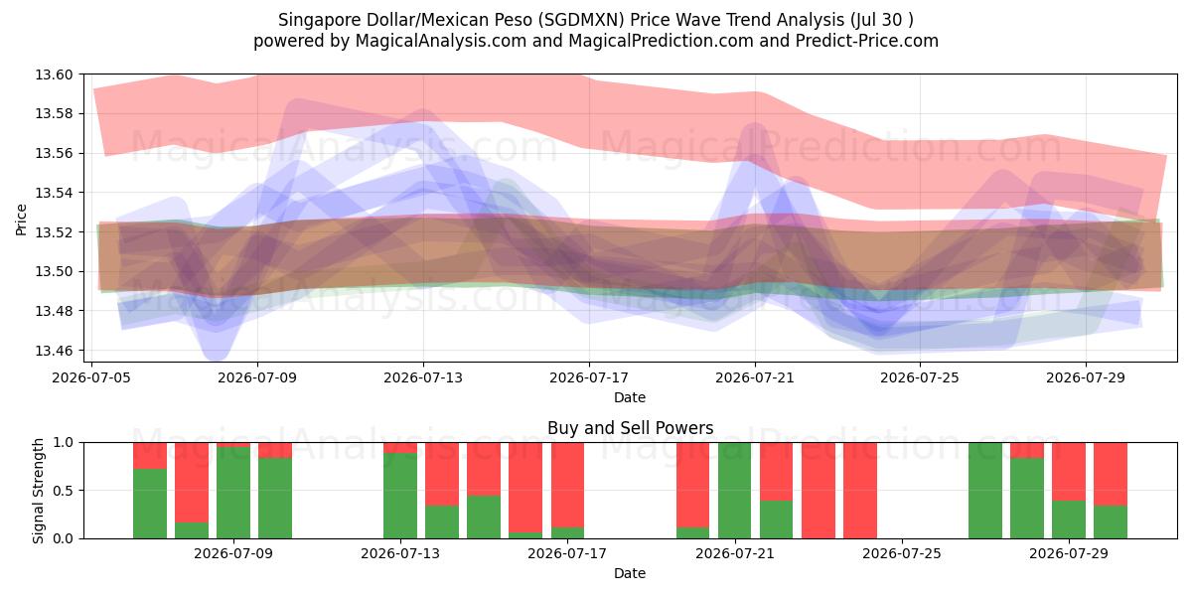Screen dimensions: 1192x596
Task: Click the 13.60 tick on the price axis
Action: tap(54, 74)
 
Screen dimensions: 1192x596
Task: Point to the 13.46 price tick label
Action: tap(54, 351)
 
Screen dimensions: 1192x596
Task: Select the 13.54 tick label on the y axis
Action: tap(54, 193)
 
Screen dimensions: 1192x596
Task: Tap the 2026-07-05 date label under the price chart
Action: tap(91, 377)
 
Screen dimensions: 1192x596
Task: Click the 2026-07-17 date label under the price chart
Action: tap(589, 377)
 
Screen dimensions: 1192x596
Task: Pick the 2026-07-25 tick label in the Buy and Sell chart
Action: tap(902, 553)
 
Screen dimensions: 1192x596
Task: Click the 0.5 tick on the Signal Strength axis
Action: tap(63, 491)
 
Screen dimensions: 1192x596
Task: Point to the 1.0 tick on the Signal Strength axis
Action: tap(63, 443)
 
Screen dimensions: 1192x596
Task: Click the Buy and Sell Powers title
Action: tap(631, 428)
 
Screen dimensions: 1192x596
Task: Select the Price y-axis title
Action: tap(21, 220)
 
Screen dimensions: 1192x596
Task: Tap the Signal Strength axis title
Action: tap(38, 491)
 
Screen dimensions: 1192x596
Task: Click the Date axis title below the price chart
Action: tap(630, 397)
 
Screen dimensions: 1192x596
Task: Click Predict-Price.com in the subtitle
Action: tap(867, 41)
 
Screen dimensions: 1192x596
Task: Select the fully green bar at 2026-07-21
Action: tap(735, 491)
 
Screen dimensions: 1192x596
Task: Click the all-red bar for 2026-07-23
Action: tap(819, 491)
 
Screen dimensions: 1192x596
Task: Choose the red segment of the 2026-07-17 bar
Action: tap(568, 485)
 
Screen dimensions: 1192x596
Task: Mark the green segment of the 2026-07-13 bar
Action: tap(400, 496)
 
